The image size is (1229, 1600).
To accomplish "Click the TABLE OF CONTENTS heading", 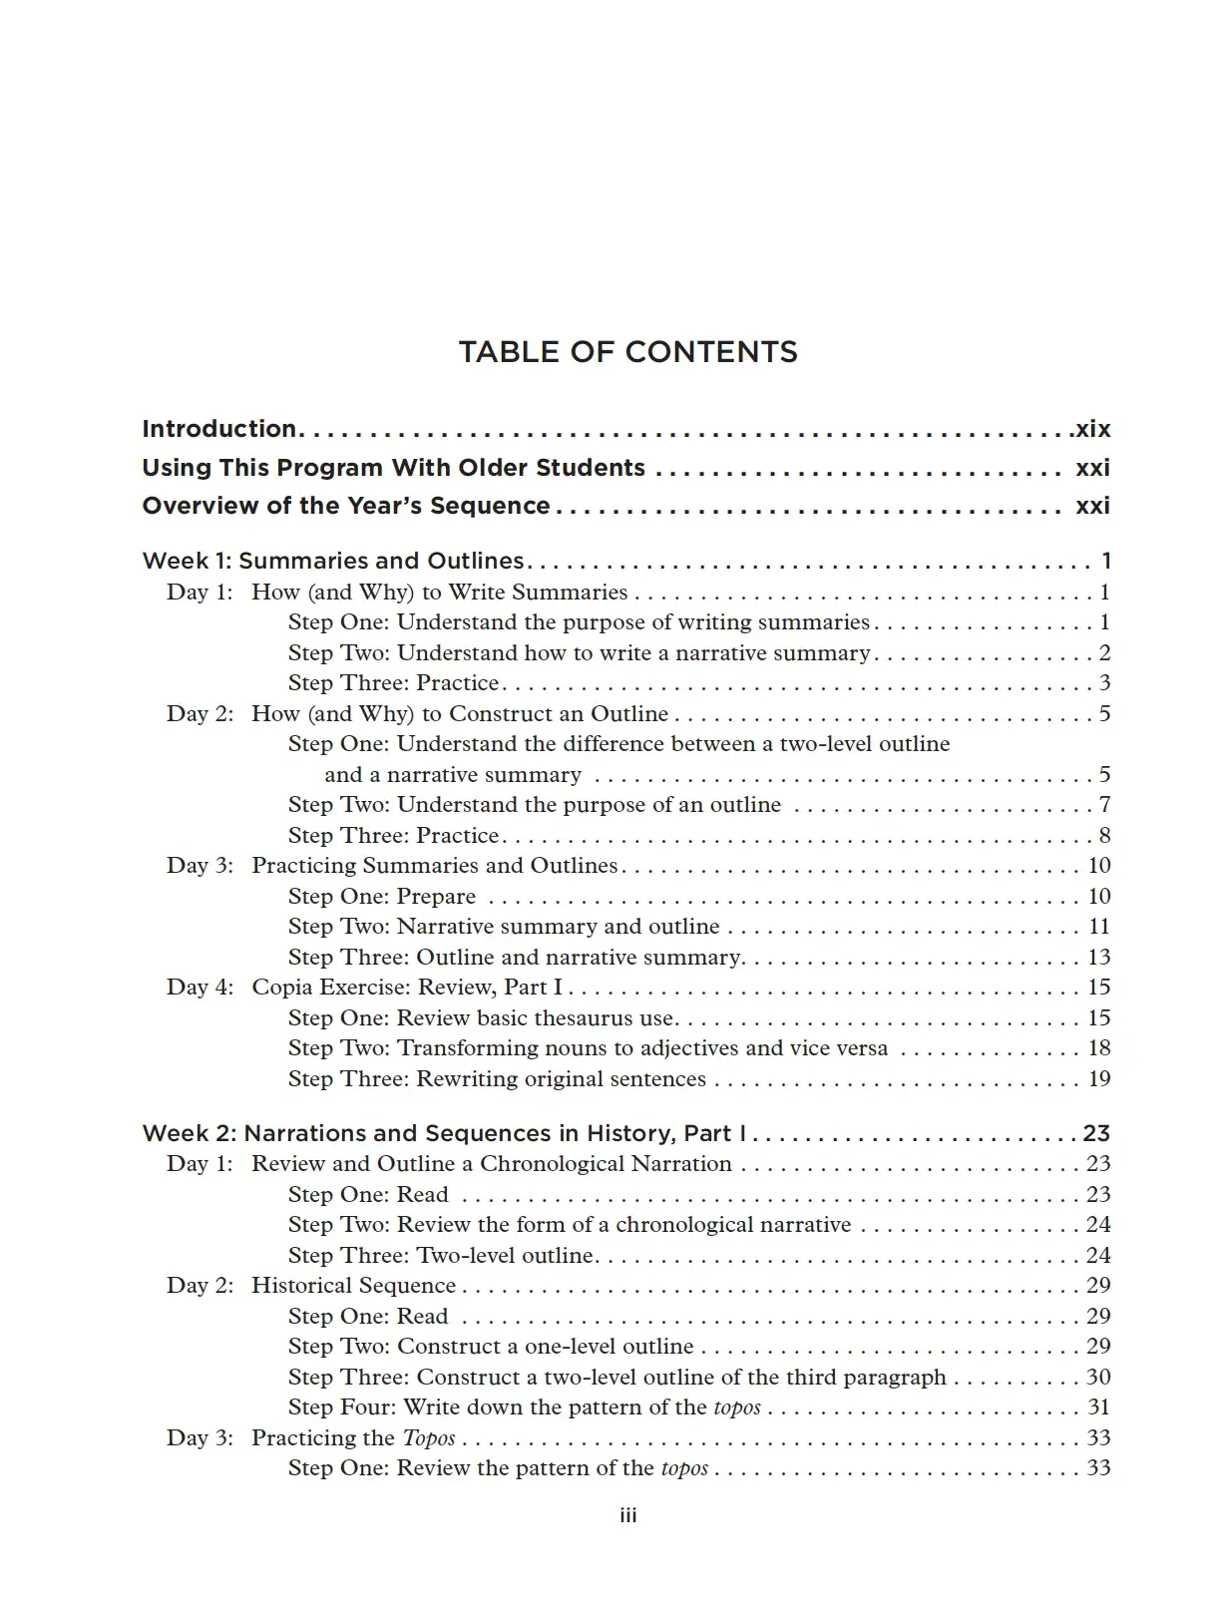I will pos(627,352).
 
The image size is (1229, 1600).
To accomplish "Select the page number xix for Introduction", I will pos(1092,429).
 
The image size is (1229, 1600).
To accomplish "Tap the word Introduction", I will pos(219,429).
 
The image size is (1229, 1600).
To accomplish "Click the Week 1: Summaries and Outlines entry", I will pos(333,561).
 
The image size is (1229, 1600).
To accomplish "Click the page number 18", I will pos(1098,1047).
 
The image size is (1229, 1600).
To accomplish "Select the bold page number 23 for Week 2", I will pos(1096,1133).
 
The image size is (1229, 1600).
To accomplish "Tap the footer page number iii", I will pos(627,1515).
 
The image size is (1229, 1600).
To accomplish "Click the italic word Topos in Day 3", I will pos(429,1437).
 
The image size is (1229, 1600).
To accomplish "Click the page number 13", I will pos(1098,957).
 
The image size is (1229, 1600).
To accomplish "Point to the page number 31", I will pos(1098,1406).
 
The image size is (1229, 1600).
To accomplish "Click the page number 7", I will pos(1104,804).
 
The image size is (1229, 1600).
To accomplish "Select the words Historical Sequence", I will pos(353,1285).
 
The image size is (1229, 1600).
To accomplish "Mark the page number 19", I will pos(1098,1078).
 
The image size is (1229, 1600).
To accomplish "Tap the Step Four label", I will pos(341,1406).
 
